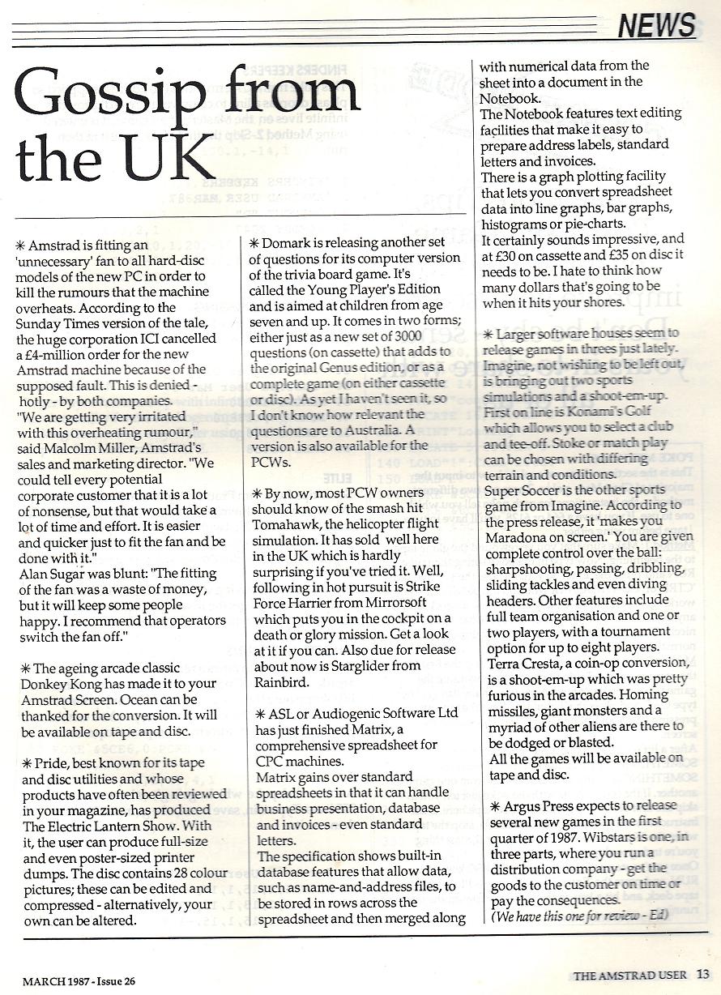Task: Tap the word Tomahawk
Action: [289, 524]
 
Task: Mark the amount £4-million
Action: [58, 356]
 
